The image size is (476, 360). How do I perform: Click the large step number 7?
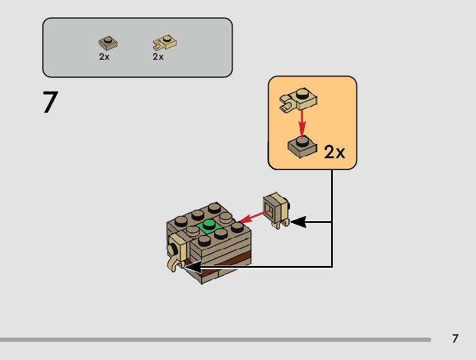50,102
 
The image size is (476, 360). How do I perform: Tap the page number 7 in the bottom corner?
455,338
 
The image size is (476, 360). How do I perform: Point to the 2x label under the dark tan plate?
104,57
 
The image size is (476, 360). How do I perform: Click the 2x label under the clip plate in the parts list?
158,57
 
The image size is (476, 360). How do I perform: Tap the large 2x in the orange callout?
334,151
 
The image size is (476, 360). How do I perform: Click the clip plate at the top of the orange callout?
298,99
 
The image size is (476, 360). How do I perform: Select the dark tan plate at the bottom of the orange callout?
302,145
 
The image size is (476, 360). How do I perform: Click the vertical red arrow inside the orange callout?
302,121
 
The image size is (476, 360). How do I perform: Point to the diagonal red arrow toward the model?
254,216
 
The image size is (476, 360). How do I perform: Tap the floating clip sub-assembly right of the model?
276,210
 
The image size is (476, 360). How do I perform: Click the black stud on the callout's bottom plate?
303,141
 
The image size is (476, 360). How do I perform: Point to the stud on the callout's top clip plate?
303,94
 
